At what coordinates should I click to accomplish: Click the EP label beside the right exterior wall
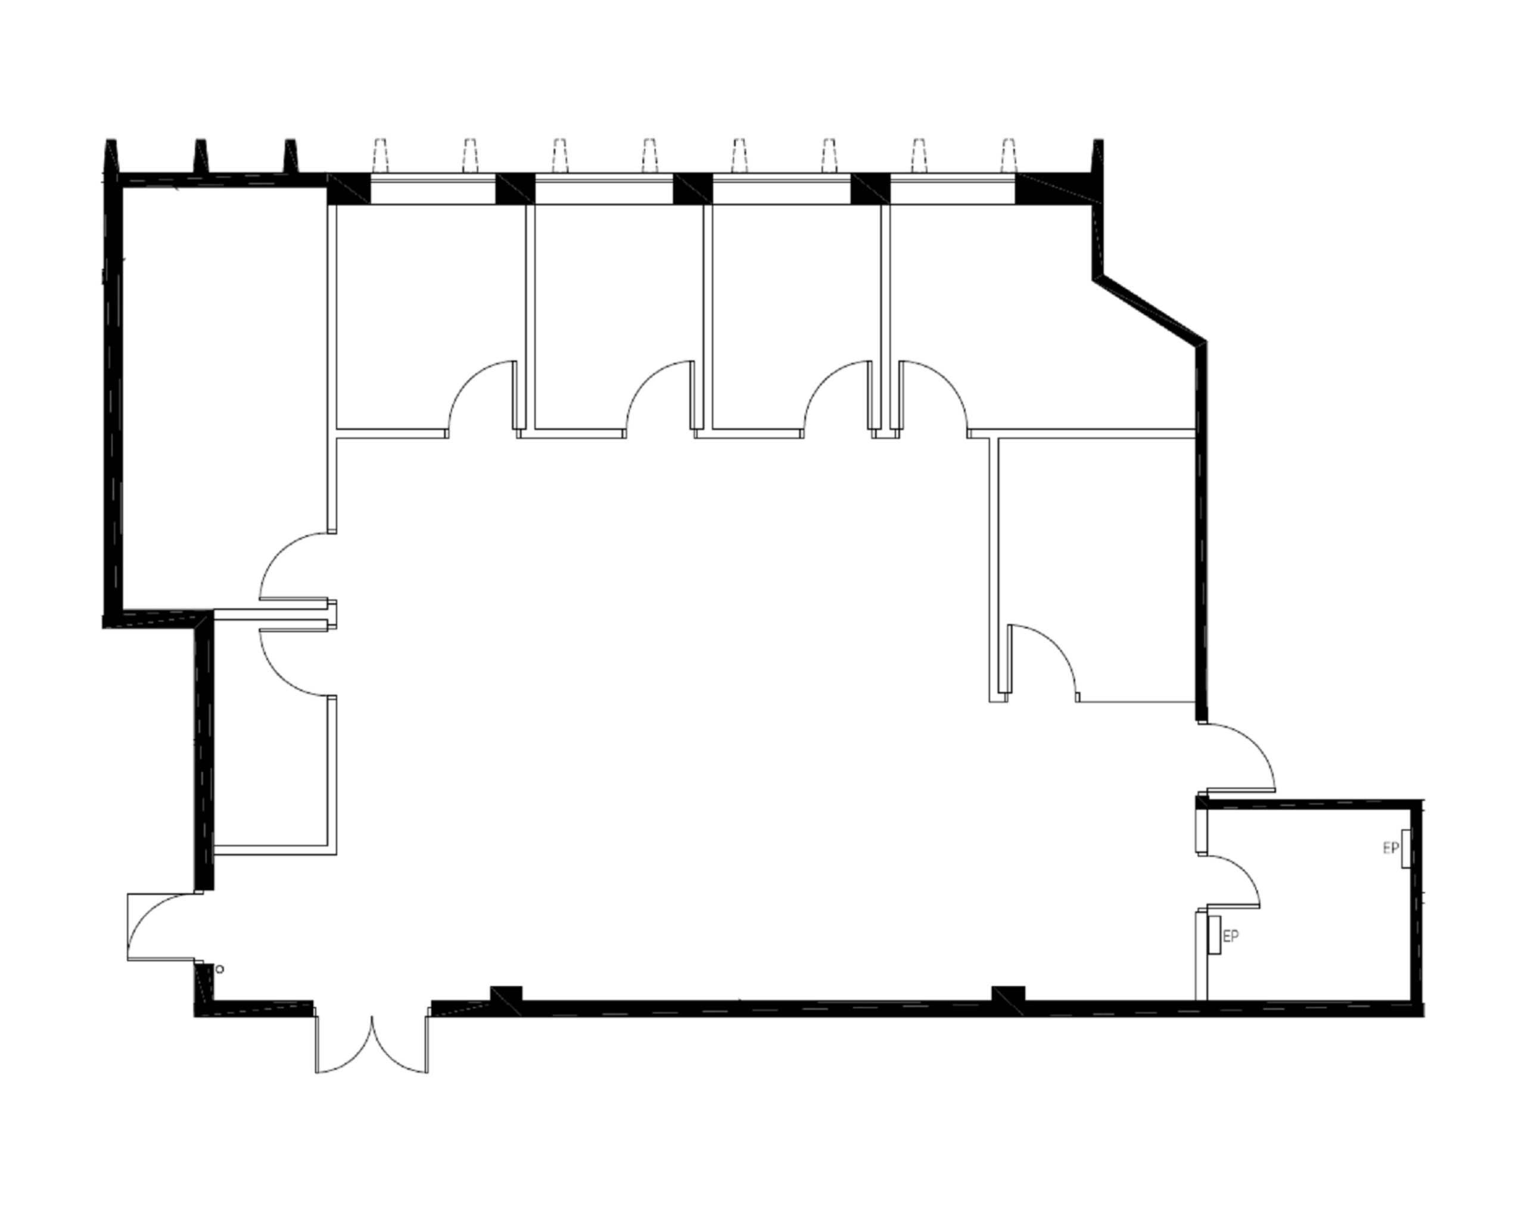pyautogui.click(x=1390, y=847)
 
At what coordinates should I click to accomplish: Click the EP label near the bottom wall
pyautogui.click(x=1231, y=936)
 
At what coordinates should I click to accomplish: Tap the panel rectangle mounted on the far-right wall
pyautogui.click(x=1406, y=849)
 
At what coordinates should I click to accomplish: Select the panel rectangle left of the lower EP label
pyautogui.click(x=1215, y=934)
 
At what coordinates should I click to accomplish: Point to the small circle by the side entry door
pyautogui.click(x=220, y=969)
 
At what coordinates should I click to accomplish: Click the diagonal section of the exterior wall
pyautogui.click(x=1149, y=310)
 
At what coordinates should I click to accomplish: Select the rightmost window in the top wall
pyautogui.click(x=952, y=189)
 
